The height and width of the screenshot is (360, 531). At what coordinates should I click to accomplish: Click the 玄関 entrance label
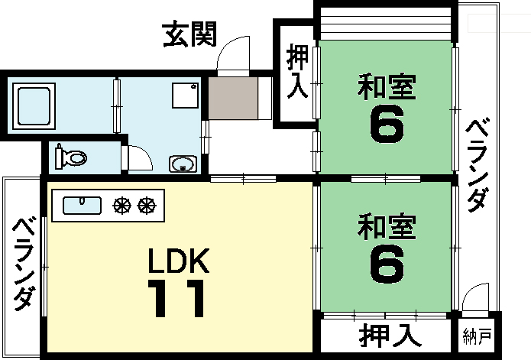[190, 34]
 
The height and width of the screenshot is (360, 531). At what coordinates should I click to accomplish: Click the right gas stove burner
[145, 205]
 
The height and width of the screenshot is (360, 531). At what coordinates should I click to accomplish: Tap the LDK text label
[178, 261]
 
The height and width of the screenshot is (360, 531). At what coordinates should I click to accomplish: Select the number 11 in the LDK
[177, 299]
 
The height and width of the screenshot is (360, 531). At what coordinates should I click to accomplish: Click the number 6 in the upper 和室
[387, 125]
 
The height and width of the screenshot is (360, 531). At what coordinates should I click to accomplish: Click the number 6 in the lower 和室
[387, 264]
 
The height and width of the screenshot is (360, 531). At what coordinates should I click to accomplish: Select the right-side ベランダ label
[478, 164]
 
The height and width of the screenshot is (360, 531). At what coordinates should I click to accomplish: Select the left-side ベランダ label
[23, 263]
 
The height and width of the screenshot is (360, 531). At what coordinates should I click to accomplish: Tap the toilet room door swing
[140, 157]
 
